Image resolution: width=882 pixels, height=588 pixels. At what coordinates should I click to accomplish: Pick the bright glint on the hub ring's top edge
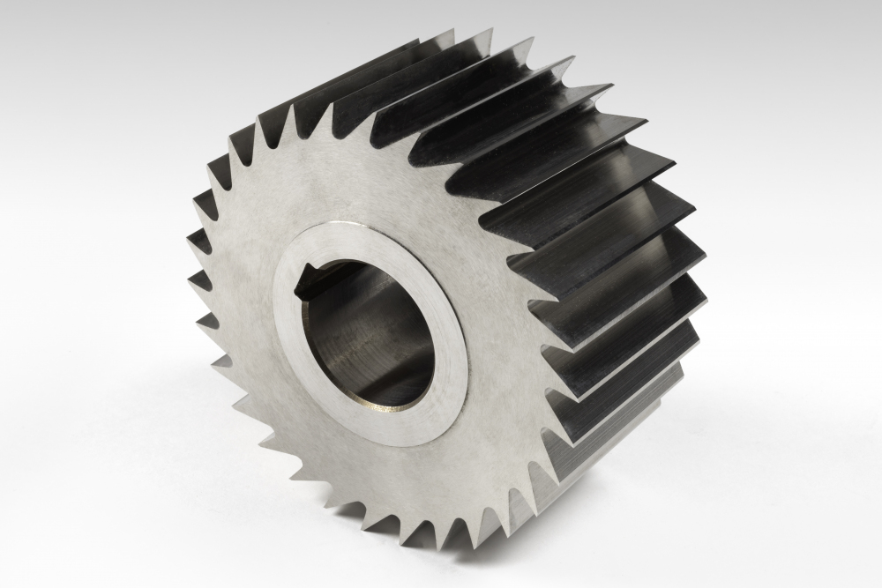(x=353, y=231)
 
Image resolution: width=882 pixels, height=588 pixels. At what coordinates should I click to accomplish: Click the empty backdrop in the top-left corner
(x=53, y=44)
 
